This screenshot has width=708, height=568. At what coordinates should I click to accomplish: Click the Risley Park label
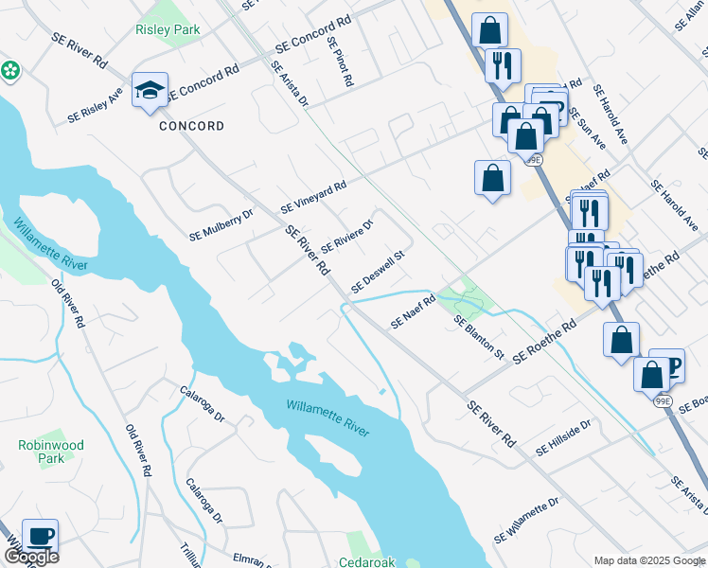coord(168,30)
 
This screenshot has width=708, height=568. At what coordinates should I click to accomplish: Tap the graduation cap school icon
coord(150,90)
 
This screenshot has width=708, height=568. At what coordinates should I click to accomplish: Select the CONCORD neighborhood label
coord(191,126)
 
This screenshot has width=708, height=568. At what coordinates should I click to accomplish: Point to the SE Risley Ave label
coord(96,106)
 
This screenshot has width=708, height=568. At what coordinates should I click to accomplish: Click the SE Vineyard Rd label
coord(313,198)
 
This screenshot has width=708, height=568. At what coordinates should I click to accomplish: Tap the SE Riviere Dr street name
coord(347,236)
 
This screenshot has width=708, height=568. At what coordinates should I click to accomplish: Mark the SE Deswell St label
coord(378,272)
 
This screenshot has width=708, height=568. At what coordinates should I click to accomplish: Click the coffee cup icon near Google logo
coord(40,536)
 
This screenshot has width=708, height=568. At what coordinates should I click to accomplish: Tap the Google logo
coord(31,557)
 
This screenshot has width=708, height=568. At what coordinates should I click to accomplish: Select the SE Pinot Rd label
coord(340,62)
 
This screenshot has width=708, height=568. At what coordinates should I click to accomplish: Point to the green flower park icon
coord(10,70)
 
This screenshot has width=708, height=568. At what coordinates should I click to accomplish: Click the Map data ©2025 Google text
coord(648,561)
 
